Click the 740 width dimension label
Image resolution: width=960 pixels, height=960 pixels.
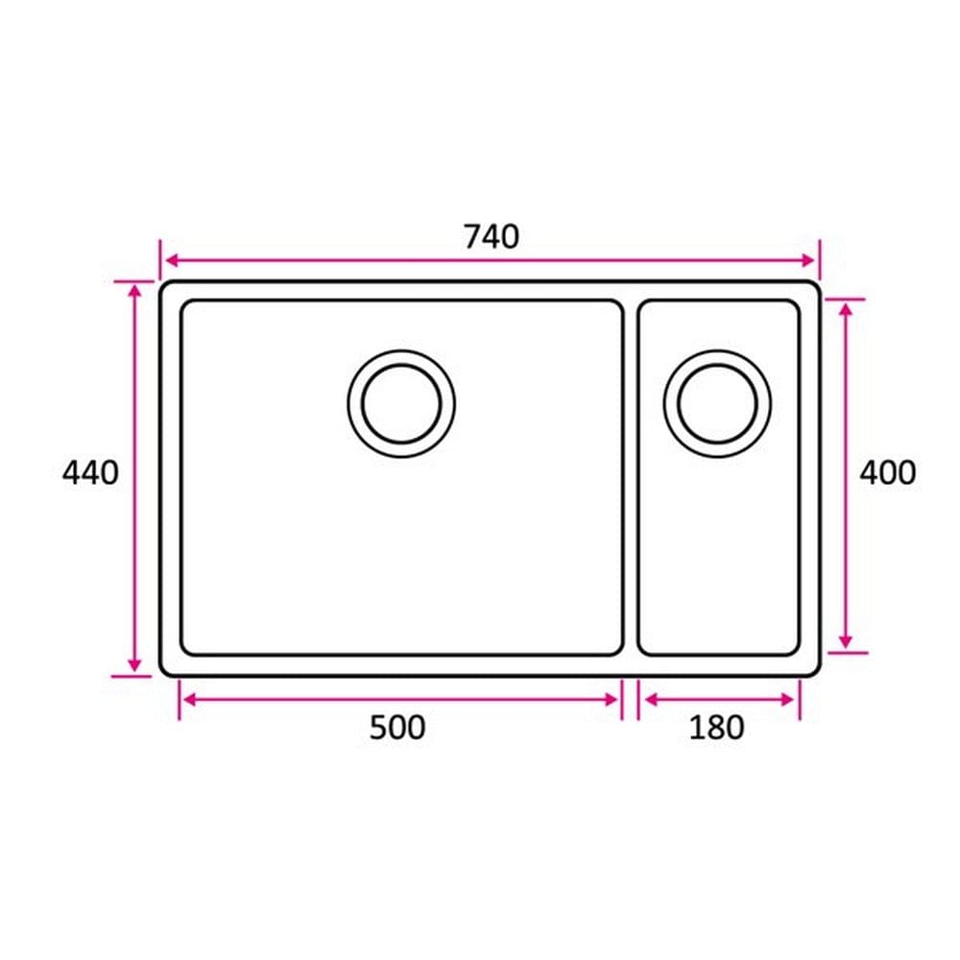(x=491, y=237)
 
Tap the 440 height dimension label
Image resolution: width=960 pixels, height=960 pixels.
(x=90, y=472)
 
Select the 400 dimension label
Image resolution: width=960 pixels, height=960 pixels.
(x=888, y=472)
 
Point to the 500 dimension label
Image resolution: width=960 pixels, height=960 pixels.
(x=397, y=728)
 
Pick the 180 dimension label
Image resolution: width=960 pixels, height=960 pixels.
(x=716, y=728)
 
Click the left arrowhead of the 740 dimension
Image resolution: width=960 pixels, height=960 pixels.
(x=172, y=261)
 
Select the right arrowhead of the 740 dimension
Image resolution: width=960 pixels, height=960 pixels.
(x=808, y=261)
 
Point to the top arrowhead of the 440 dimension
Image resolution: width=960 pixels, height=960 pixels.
(x=135, y=290)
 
